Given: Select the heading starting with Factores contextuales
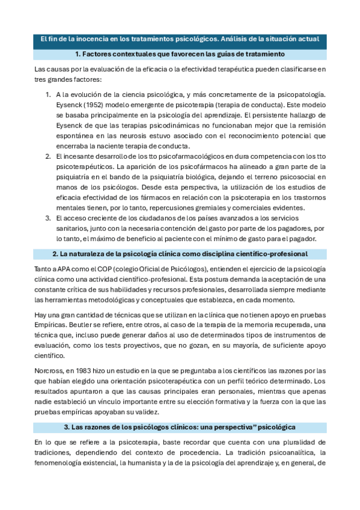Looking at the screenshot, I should (180, 55).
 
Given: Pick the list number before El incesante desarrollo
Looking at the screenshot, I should (49, 156).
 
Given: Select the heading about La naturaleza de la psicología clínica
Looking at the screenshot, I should (180, 254).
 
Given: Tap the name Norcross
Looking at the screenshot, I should (50, 371).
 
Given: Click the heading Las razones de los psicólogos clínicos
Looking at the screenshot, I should (180, 426).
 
